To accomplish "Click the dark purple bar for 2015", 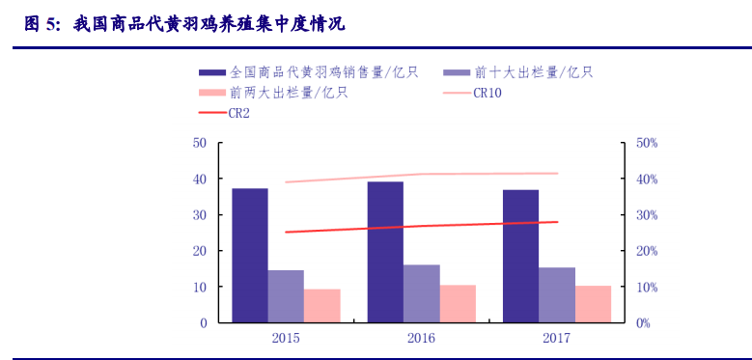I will click(250, 256).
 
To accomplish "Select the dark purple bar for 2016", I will click(385, 253).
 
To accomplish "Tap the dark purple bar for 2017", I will click(520, 257).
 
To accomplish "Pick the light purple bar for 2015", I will click(286, 296).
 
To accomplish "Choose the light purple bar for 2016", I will click(422, 293).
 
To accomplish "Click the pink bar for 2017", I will click(594, 304).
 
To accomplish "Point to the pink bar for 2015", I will click(322, 306).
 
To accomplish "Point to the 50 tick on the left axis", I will click(201, 143).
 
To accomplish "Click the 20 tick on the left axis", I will click(201, 251).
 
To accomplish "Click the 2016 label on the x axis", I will click(422, 339).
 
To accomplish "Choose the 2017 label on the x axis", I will click(557, 339).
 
